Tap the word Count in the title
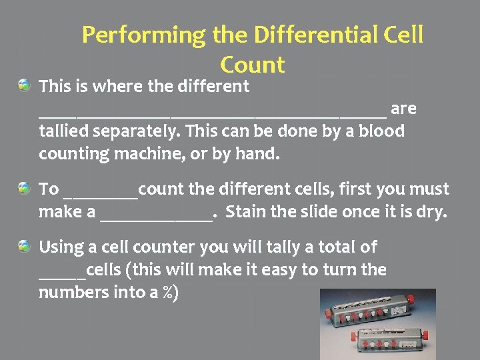click(x=252, y=65)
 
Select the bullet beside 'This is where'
click(x=24, y=85)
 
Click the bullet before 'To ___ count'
click(x=24, y=188)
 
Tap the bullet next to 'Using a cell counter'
click(x=24, y=247)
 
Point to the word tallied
click(x=63, y=131)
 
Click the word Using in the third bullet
click(x=61, y=247)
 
